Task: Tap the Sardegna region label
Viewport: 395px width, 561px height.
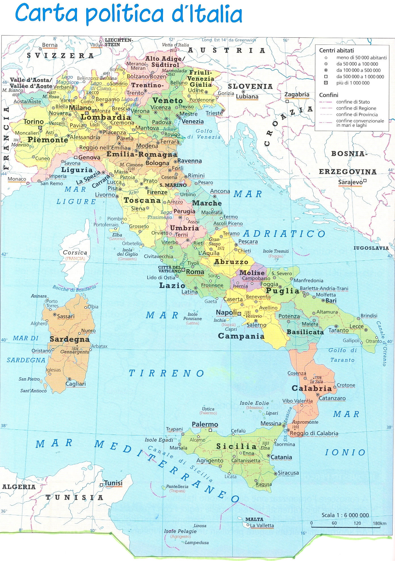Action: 70,339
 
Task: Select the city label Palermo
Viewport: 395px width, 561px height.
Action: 205,424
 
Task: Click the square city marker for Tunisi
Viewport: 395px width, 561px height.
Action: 101,485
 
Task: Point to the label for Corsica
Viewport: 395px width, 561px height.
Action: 75,252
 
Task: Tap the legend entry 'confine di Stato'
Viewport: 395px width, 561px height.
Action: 353,102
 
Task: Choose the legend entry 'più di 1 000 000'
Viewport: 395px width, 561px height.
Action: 353,83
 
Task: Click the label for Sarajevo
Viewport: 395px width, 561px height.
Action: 350,182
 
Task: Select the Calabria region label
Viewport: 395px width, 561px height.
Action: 312,388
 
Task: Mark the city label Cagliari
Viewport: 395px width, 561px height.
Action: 75,384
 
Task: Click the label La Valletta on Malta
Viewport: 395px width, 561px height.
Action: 262,525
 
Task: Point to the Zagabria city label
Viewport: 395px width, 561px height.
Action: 297,94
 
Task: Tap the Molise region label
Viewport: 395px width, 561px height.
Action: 252,273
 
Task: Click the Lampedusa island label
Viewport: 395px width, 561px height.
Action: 197,543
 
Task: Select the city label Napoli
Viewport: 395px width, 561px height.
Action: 226,313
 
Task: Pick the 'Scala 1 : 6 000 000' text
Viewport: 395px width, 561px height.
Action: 345,515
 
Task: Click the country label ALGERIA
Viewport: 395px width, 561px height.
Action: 19,487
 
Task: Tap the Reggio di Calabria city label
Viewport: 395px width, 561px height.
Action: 314,433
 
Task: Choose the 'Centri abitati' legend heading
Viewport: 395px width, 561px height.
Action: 336,50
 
